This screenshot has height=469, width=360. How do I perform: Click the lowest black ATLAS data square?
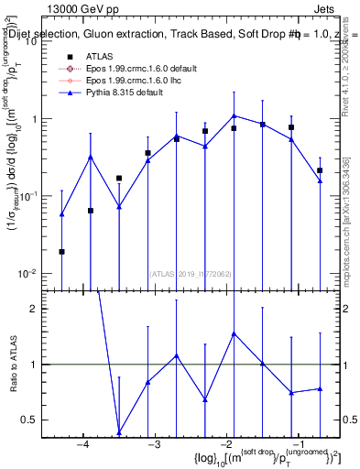click(x=61, y=251)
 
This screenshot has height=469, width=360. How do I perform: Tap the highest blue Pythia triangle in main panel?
click(x=235, y=115)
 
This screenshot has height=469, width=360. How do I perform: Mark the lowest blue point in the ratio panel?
click(x=119, y=432)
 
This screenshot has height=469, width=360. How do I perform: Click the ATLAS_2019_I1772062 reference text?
click(x=189, y=273)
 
